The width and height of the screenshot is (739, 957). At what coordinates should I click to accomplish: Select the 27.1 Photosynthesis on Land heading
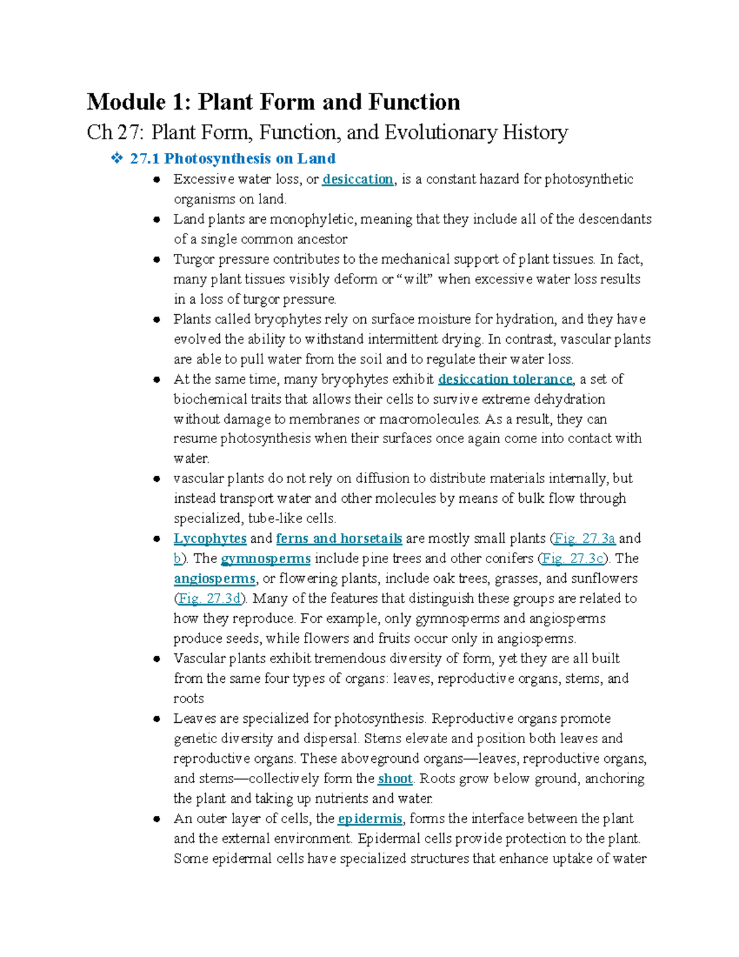[x=233, y=159]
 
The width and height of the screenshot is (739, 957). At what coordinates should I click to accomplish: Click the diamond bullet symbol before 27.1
[x=116, y=159]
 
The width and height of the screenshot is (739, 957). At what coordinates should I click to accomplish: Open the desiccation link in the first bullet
[x=357, y=179]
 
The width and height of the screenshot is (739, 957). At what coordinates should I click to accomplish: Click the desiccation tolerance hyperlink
[x=505, y=379]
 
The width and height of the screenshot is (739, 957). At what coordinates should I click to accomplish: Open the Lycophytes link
[x=210, y=539]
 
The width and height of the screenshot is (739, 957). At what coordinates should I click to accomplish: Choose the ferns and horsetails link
[x=339, y=539]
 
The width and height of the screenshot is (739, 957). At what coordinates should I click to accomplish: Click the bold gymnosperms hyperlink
[x=265, y=559]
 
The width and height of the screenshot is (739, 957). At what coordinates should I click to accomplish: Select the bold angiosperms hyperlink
[x=214, y=579]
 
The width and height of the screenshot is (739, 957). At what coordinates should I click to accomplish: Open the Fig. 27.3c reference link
[x=573, y=559]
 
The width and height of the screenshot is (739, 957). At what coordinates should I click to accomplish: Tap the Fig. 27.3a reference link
[x=584, y=539]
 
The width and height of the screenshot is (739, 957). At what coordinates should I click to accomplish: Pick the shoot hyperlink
[x=395, y=779]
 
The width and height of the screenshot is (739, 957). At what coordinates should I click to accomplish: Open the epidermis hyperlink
[x=370, y=819]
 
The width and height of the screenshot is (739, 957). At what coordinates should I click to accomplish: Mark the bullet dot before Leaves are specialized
[x=157, y=719]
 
